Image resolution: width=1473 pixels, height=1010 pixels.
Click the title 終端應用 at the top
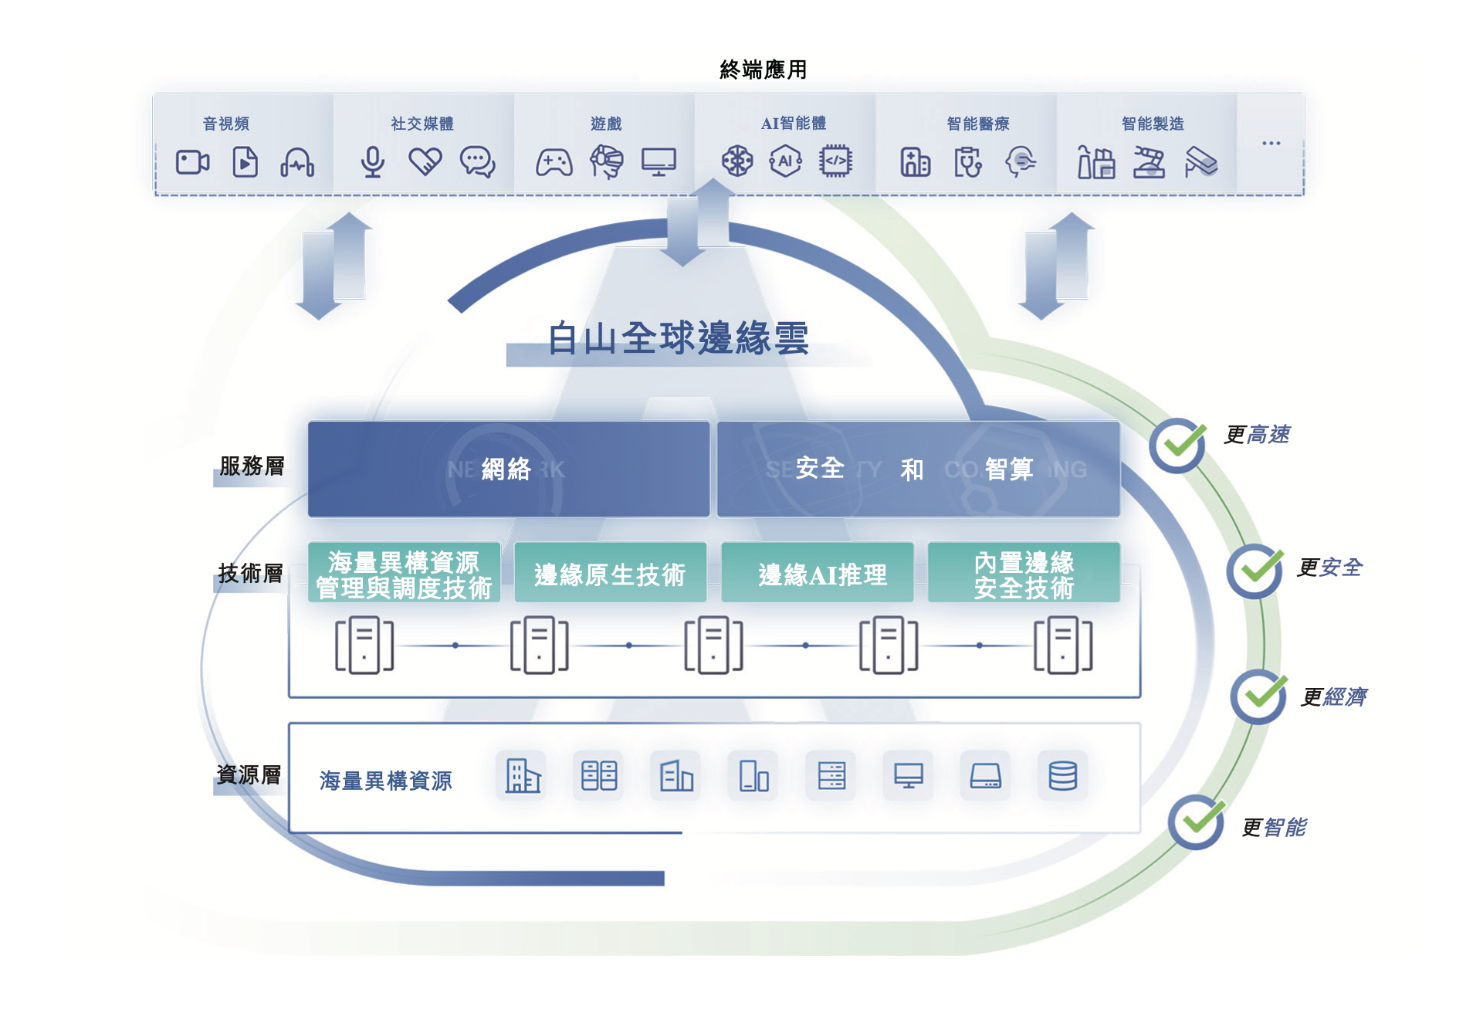(763, 69)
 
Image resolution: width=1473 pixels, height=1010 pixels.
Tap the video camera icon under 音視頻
(192, 162)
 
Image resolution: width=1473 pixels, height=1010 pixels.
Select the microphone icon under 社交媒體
(373, 162)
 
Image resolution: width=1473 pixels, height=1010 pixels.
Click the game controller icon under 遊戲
(554, 163)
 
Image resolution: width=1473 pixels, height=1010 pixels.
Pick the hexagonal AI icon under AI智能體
(785, 161)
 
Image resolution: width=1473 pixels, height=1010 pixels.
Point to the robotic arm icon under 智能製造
(1149, 162)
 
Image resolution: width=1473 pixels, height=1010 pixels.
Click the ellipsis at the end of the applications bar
(1271, 144)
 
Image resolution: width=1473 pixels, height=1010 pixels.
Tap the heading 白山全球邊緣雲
(678, 338)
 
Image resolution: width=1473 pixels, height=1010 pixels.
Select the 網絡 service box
(508, 469)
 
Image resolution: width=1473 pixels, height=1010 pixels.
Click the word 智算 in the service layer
(1008, 469)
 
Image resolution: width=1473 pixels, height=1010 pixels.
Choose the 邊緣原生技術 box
(610, 574)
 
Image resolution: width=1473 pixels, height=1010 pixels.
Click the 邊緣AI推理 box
(818, 574)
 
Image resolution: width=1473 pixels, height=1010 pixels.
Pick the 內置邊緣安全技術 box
(1024, 574)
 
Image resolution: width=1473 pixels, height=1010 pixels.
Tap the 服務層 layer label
(252, 466)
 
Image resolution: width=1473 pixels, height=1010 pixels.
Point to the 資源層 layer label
(249, 774)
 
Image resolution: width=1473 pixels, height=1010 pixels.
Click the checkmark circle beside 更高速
(1177, 446)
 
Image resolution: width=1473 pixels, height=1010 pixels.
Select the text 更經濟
(1333, 697)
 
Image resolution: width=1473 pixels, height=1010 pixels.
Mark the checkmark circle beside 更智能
(1196, 822)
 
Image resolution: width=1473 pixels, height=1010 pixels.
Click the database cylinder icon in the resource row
(1062, 775)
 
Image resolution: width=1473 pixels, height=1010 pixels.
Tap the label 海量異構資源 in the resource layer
(385, 781)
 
